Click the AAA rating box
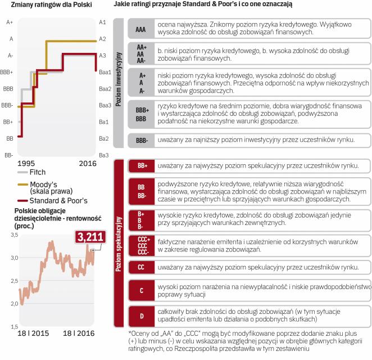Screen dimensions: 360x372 pyautogui.click(x=142, y=29)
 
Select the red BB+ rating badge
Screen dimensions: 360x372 pyautogui.click(x=142, y=166)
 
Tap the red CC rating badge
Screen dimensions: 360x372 pyautogui.click(x=142, y=267)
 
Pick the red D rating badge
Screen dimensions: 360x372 pyautogui.click(x=142, y=316)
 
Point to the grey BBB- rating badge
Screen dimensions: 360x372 pyautogui.click(x=142, y=140)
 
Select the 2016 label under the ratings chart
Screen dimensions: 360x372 pyautogui.click(x=87, y=163)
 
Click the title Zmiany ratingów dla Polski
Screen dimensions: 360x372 pyautogui.click(x=43, y=4)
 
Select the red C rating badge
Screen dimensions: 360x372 pyautogui.click(x=142, y=290)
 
